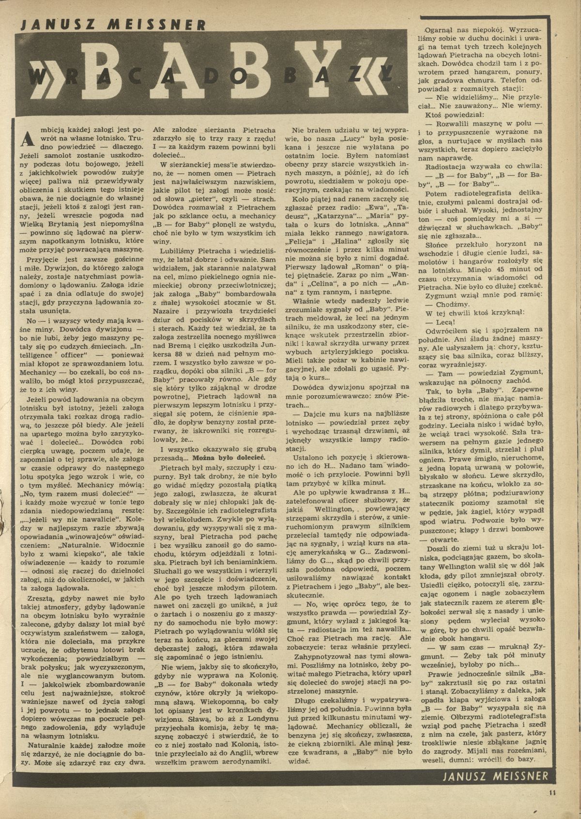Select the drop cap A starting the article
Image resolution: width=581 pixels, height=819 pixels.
click(x=27, y=139)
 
